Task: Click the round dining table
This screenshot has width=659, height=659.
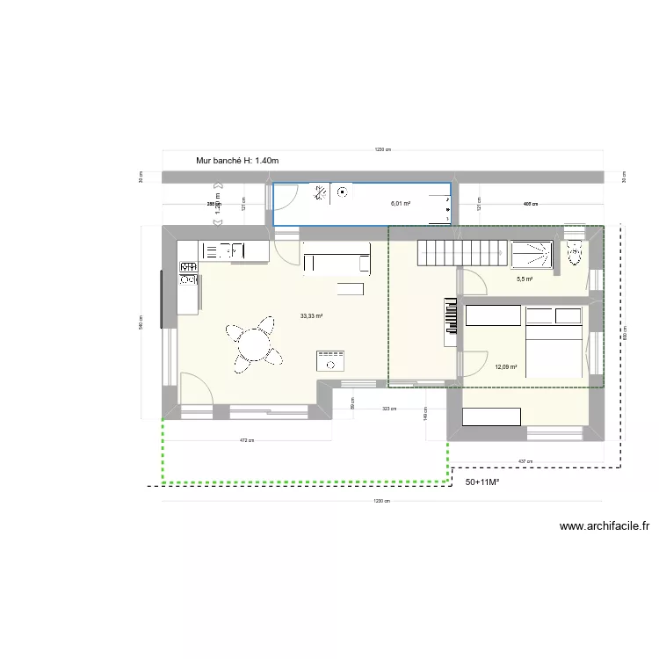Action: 253,343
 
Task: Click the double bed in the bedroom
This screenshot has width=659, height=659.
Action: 554,342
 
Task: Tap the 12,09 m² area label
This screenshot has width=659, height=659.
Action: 505,368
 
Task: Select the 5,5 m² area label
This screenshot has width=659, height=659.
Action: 525,279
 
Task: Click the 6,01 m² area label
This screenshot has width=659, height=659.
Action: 401,204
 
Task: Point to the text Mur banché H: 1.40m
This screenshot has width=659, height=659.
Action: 237,161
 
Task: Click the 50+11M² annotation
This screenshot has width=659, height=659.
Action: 482,482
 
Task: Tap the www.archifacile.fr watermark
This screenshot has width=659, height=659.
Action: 604,527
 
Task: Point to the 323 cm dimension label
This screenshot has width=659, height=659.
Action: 388,409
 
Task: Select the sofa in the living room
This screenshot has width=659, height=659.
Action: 336,261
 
